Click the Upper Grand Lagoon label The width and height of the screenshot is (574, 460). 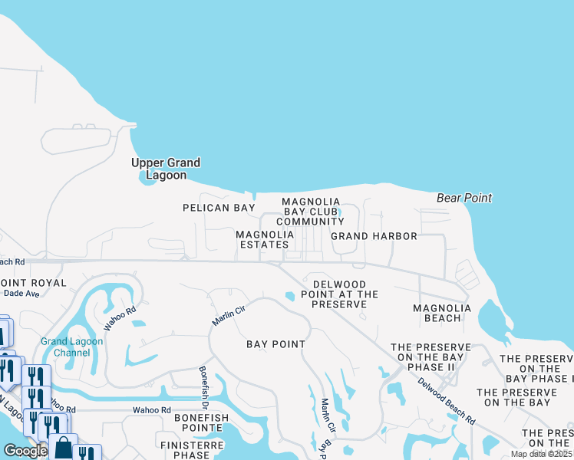click(166, 169)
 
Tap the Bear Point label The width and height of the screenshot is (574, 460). click(464, 198)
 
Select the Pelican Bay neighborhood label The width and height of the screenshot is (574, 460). click(218, 208)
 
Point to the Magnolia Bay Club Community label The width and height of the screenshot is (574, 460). click(310, 212)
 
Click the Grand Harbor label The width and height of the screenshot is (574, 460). click(374, 236)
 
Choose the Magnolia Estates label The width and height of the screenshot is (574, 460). click(265, 239)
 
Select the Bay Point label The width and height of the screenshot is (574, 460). click(275, 344)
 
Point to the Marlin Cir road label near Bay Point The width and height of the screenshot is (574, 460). click(228, 313)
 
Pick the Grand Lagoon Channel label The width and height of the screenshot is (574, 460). click(65, 347)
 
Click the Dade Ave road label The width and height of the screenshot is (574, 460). click(21, 294)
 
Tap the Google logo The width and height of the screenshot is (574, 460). click(25, 451)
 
